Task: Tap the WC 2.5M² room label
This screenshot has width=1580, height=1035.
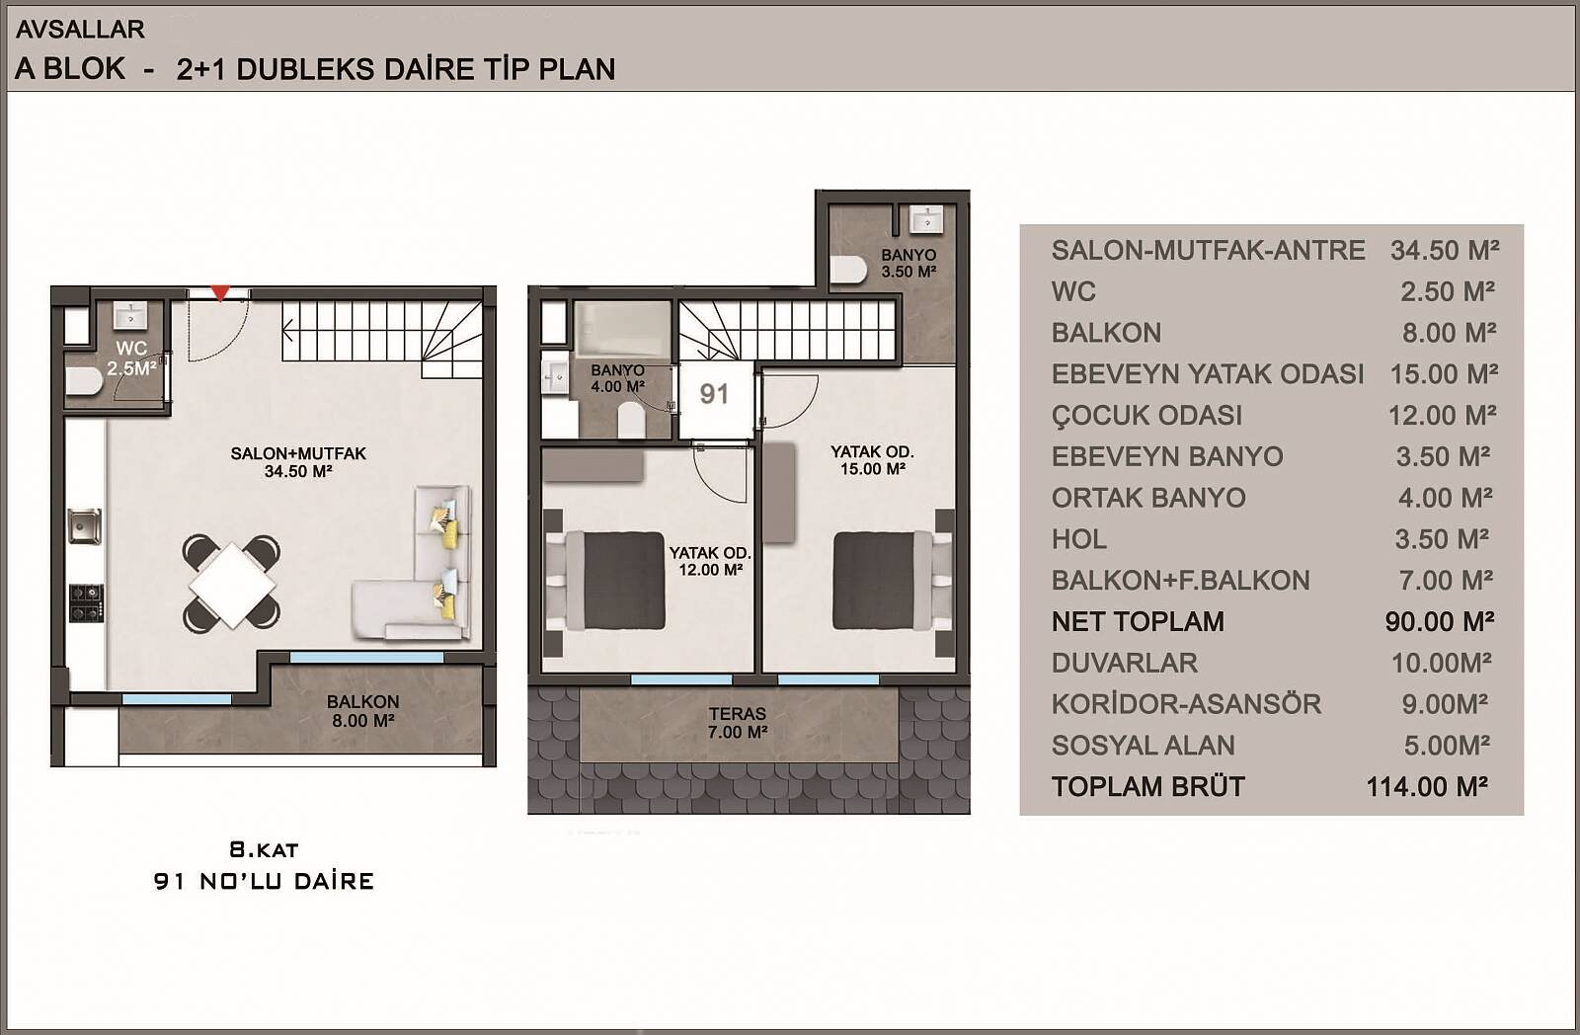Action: pyautogui.click(x=131, y=358)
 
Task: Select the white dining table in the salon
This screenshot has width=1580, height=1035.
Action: pyautogui.click(x=232, y=585)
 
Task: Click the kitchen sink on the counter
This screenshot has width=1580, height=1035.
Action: pyautogui.click(x=85, y=526)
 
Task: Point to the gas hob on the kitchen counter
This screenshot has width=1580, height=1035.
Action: pyautogui.click(x=86, y=603)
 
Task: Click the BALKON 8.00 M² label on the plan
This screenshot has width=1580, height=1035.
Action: pyautogui.click(x=362, y=710)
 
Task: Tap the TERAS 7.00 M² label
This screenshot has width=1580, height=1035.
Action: pyautogui.click(x=737, y=723)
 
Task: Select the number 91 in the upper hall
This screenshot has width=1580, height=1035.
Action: pyautogui.click(x=714, y=394)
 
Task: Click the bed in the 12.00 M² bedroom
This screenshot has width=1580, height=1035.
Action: pyautogui.click(x=606, y=581)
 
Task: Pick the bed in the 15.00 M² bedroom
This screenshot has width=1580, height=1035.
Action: pyautogui.click(x=894, y=580)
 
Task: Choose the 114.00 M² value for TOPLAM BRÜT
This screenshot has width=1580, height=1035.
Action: pyautogui.click(x=1427, y=787)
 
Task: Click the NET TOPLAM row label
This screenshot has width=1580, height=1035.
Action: pyautogui.click(x=1138, y=621)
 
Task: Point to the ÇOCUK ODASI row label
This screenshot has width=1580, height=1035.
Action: pyautogui.click(x=1146, y=415)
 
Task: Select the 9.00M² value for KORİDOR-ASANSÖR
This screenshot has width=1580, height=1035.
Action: pyautogui.click(x=1445, y=704)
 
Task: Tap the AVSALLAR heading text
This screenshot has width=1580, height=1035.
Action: pyautogui.click(x=80, y=29)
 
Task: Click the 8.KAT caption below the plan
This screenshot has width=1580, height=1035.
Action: pyautogui.click(x=264, y=849)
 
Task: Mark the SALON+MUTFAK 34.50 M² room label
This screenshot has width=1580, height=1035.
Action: pyautogui.click(x=298, y=462)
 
